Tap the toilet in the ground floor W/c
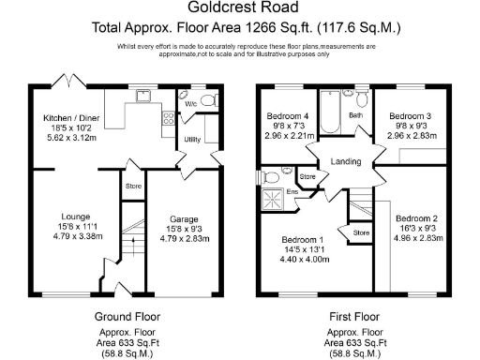(209, 98)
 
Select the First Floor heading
(355, 315)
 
